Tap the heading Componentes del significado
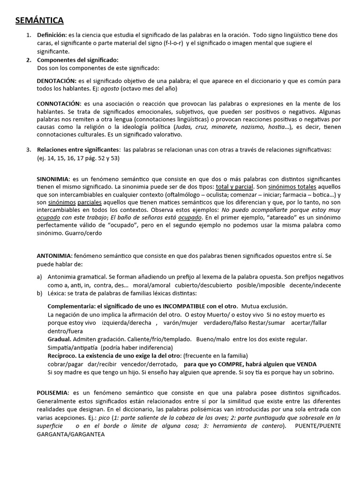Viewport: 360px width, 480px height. pos(77,60)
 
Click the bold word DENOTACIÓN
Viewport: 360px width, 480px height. pos(56,81)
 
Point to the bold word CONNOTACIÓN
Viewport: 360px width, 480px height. pos(59,103)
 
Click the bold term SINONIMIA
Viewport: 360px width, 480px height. pos(53,180)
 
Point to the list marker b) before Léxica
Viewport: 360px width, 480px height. pos(40,293)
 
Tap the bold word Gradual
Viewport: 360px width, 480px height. pos(60,339)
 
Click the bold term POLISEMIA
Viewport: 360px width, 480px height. pos(53,392)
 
